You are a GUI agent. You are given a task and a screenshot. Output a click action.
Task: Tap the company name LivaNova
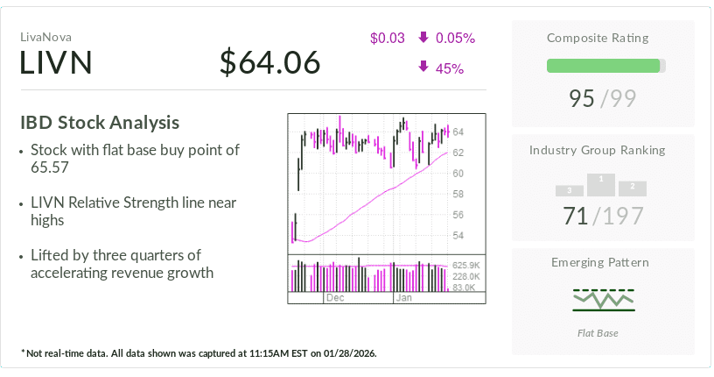pos(45,37)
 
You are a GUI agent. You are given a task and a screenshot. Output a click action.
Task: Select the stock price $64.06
pos(270,63)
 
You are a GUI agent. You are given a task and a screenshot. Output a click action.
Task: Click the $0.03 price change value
pos(388,38)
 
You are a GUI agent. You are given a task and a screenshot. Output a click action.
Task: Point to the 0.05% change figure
pos(455,38)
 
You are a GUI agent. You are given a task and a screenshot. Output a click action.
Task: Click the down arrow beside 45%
pos(423,68)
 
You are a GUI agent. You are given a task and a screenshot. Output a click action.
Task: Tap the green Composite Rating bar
pos(603,66)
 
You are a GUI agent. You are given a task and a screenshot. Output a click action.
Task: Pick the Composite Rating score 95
pos(582,98)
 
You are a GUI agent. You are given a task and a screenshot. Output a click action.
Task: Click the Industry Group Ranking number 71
pos(576,215)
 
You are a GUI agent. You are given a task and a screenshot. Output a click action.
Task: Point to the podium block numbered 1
pos(601,183)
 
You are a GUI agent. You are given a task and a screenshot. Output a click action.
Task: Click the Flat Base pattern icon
pos(604,299)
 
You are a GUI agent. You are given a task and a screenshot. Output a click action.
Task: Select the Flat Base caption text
pos(604,333)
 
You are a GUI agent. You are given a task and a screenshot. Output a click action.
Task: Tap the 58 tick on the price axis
pos(458,194)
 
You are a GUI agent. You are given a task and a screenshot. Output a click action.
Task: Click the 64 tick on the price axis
pos(458,132)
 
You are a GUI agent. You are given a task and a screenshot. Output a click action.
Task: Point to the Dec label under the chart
pos(334,298)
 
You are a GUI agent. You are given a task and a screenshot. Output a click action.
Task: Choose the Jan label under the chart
pos(403,298)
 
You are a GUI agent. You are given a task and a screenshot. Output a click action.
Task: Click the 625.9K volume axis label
pos(464,266)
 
